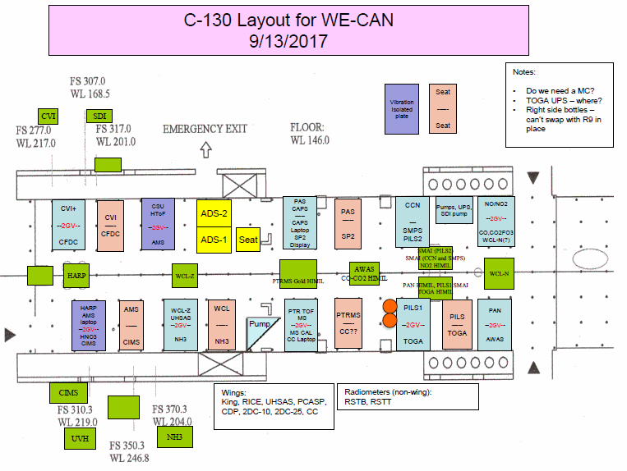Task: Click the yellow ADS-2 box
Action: coord(214,212)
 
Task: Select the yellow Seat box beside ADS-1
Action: coord(248,240)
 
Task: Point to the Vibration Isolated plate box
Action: coord(402,108)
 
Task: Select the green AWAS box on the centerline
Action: coord(362,270)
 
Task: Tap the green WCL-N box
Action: coord(499,273)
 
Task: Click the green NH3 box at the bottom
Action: coord(173,437)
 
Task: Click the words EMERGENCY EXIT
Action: coord(205,129)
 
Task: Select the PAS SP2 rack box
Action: coord(348,223)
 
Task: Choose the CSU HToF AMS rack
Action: coord(158,223)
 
